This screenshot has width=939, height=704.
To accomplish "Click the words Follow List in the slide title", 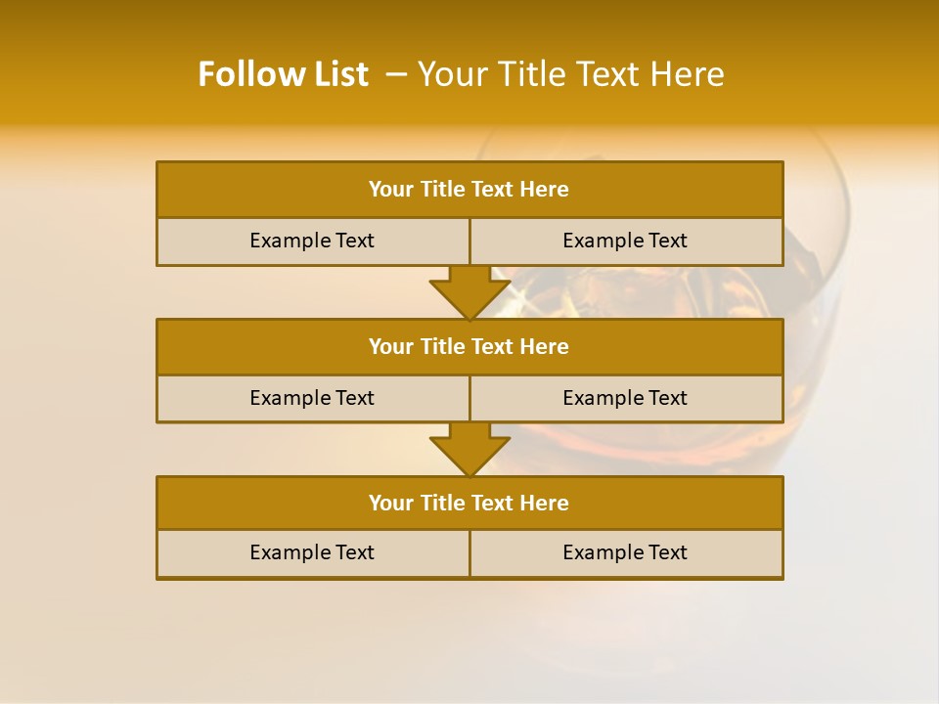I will pos(284,74).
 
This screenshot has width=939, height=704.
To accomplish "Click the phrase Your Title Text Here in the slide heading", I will pos(570,74).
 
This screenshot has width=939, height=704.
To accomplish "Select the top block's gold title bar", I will pos(469,190).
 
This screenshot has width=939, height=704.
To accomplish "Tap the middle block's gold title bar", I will pos(469,347).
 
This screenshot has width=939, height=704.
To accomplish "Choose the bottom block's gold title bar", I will pos(469,504).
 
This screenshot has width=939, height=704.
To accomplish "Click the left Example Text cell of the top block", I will pos(313,242).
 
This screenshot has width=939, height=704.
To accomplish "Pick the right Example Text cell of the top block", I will pos(626,242).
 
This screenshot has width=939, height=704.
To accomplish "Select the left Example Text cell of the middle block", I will pos(313,398).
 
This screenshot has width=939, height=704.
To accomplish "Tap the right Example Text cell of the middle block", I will pos(626,398).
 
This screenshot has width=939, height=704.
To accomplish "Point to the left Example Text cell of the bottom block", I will pos(313,553).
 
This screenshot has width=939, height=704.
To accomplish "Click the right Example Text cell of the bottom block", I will pos(626,553).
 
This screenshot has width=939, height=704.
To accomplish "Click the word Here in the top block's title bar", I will pos(545,190).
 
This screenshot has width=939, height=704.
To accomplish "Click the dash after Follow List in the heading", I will pos(397,74).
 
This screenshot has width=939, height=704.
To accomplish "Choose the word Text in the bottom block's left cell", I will pos(354,553).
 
